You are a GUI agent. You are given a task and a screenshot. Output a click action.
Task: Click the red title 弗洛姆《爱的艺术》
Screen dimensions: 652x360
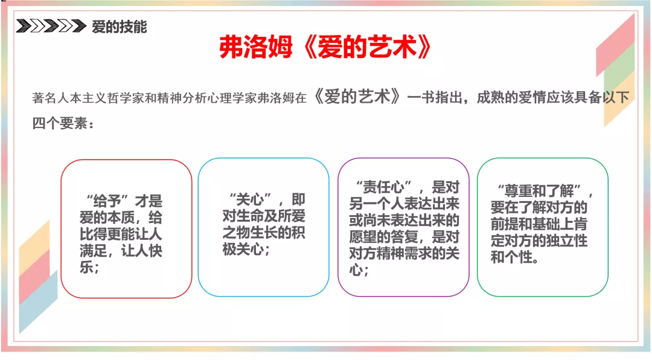tap(325, 47)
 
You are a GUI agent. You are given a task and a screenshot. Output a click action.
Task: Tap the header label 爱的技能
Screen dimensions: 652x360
tap(120, 27)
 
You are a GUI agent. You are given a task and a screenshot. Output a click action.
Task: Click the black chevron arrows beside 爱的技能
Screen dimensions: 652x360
tap(51, 26)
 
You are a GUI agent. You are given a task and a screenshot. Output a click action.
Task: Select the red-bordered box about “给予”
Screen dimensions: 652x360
tap(126, 229)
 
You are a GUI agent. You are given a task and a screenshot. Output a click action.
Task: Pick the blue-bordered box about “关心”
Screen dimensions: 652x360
tap(264, 227)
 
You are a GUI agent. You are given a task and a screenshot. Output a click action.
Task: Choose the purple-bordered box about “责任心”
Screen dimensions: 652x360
tap(403, 227)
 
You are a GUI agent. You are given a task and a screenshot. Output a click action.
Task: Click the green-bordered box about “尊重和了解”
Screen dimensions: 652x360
tap(543, 227)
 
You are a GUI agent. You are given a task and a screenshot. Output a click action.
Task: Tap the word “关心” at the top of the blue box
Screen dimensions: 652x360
tap(250, 199)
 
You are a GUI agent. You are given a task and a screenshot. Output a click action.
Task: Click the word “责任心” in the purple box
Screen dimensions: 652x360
tap(384, 187)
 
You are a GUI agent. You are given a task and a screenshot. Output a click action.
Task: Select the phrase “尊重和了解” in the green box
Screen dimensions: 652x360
tap(539, 191)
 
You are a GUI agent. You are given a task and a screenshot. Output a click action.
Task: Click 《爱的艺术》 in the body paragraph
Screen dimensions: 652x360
tap(357, 97)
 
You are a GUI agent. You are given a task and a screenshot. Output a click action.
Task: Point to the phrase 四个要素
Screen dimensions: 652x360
tap(59, 123)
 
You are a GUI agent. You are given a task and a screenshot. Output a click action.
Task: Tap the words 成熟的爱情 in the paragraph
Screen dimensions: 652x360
tap(511, 97)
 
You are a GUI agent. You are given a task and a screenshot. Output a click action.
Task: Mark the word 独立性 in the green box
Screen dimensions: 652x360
tap(567, 240)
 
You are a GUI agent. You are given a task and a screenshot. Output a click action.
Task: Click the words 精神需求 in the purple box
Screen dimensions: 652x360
tap(418, 253)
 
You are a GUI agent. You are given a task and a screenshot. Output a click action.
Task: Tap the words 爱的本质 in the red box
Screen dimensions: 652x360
tap(107, 217)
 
